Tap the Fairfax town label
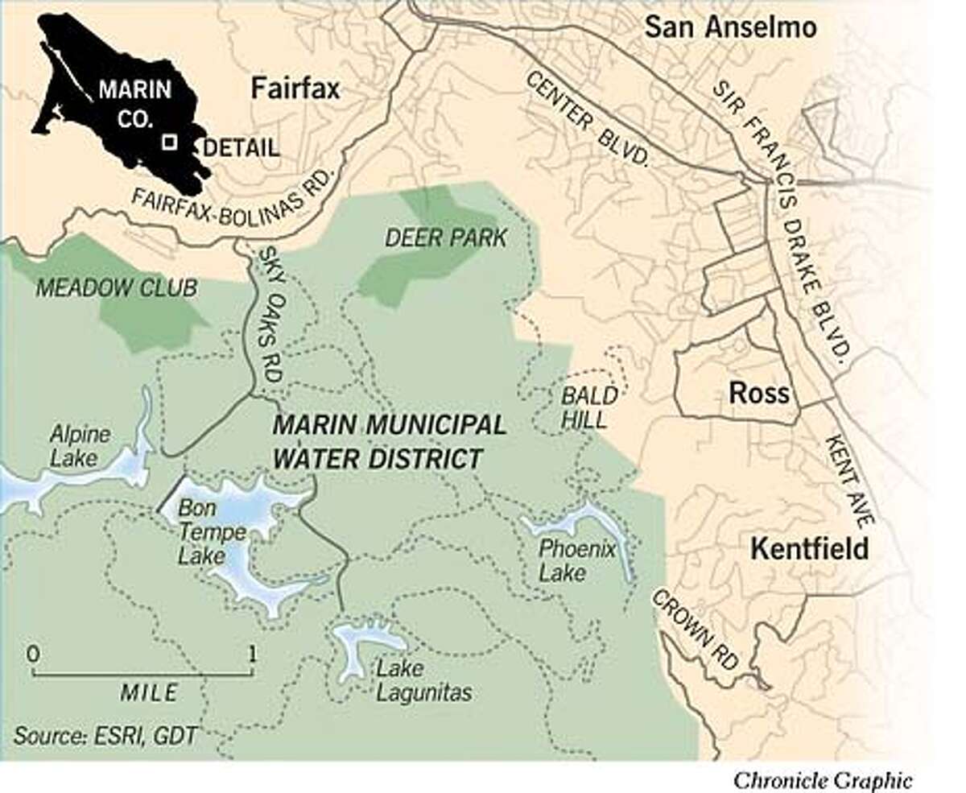(x=295, y=89)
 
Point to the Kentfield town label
(x=809, y=549)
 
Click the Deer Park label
(x=445, y=238)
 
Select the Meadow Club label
(x=116, y=287)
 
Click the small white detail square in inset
(x=169, y=142)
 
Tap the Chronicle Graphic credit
(x=822, y=779)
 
